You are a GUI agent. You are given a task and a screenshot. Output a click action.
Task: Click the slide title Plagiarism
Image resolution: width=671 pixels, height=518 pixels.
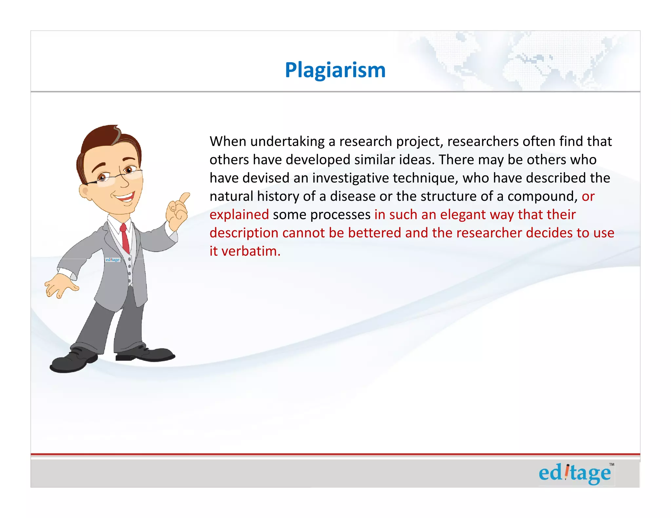point(335,70)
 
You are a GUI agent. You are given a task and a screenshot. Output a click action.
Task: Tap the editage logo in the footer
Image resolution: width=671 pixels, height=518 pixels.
point(575,474)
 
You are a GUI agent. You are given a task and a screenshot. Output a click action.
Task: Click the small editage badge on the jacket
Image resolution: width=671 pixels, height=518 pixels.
point(113,260)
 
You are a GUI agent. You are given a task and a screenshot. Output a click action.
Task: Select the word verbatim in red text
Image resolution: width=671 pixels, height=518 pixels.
point(251,251)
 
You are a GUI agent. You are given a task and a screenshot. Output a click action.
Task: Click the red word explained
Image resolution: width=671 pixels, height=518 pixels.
point(239,215)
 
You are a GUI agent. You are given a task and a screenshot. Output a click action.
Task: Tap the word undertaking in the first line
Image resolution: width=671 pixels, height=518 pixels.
point(287,142)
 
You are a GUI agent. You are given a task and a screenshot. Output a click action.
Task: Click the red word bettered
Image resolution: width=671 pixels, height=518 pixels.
point(374,233)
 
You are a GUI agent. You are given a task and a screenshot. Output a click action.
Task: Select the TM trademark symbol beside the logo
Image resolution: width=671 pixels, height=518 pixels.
point(611,464)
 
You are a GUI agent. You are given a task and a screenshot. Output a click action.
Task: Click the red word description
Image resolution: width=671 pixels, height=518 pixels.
point(244,233)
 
